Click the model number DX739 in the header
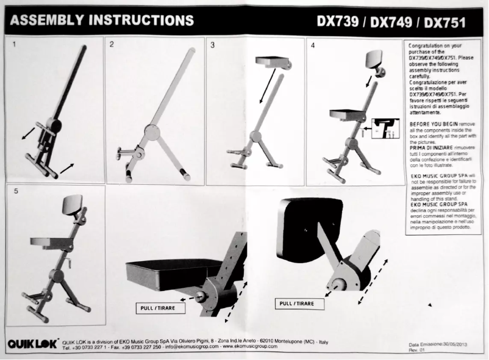pos(337,22)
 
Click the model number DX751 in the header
pos(444,23)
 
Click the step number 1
pos(14,45)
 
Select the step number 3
pos(212,45)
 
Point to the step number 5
pos(14,192)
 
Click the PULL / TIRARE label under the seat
pos(160,308)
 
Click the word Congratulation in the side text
pos(426,46)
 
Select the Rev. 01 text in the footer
pos(416,350)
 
